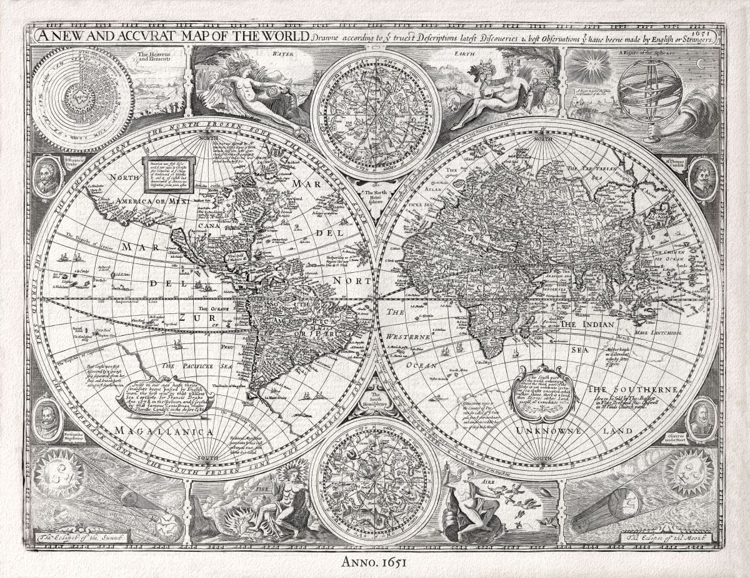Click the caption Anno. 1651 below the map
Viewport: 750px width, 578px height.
(x=375, y=561)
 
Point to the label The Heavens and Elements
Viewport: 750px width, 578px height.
(x=153, y=59)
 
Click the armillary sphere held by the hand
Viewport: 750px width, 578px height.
(x=641, y=90)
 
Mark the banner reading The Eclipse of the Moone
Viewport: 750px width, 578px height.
(x=669, y=537)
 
